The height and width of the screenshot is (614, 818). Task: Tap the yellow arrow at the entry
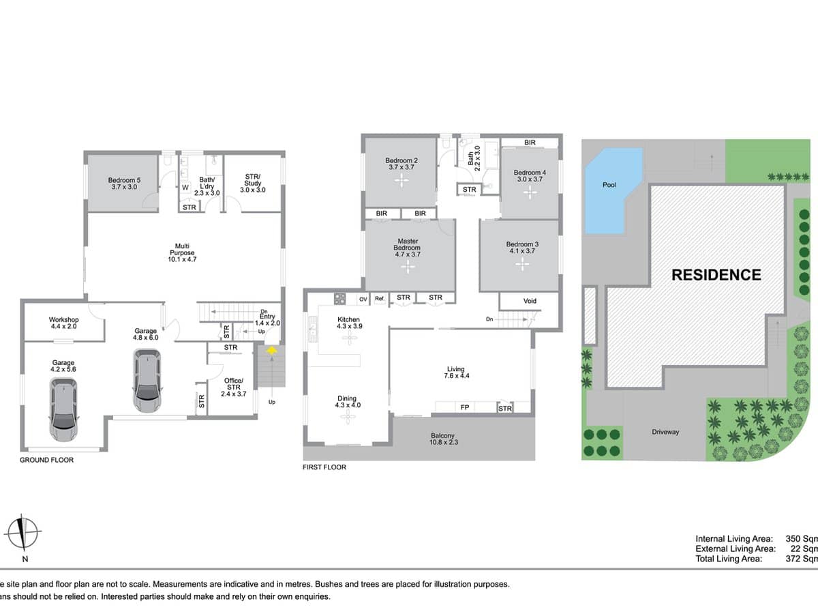click(271, 351)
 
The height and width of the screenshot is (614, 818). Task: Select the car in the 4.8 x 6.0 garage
click(147, 380)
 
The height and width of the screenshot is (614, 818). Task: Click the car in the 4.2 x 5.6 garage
click(63, 409)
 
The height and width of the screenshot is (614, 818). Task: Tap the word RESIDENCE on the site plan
click(716, 275)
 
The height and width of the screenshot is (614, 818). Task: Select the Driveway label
click(665, 432)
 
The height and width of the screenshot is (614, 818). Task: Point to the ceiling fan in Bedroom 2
click(402, 181)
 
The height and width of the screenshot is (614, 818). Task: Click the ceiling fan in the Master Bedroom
click(408, 267)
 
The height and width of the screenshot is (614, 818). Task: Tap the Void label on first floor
click(530, 301)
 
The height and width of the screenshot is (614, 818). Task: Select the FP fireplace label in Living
click(465, 408)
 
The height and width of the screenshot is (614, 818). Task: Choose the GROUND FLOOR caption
click(46, 460)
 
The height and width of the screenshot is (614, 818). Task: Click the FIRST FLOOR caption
click(324, 467)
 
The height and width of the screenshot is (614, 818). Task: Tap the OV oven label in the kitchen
click(363, 298)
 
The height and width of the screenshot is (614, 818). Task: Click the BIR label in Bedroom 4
click(530, 143)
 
